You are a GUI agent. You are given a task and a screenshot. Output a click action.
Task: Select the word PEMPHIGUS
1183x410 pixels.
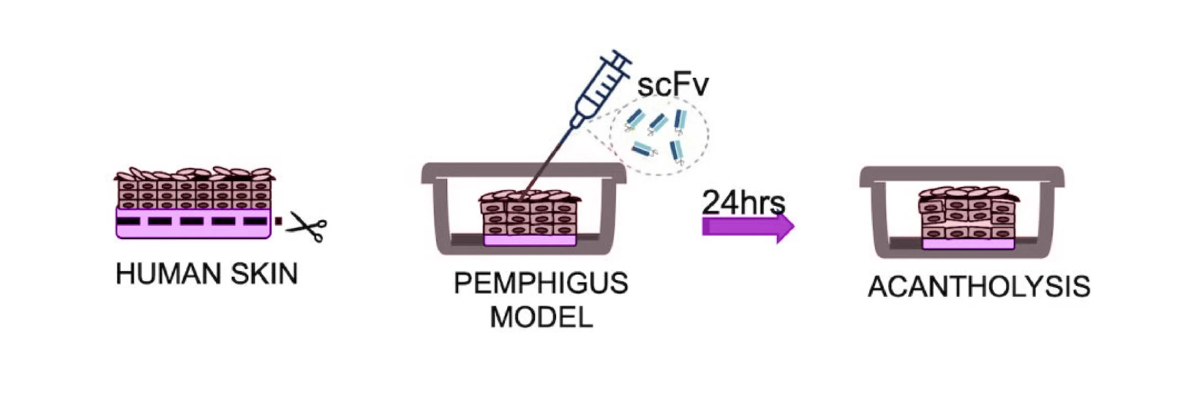pos(540,283)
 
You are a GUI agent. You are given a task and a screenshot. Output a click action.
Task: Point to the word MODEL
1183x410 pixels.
pos(541,317)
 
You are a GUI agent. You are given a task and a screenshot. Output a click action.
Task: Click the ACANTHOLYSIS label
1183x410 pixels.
pos(979,287)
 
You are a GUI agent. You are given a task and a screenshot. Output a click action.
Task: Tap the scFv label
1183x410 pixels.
pos(672,85)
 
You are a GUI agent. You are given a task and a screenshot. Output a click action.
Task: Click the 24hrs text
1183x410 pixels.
pos(743,203)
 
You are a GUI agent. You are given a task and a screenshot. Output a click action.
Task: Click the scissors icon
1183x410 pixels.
pos(307,226)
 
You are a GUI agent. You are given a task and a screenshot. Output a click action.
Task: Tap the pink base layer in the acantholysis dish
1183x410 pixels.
pos(968,244)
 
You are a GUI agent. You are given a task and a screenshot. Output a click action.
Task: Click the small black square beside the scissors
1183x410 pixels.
pos(279,221)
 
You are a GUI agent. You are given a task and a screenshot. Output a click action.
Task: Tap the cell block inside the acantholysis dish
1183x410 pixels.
pos(968,216)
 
